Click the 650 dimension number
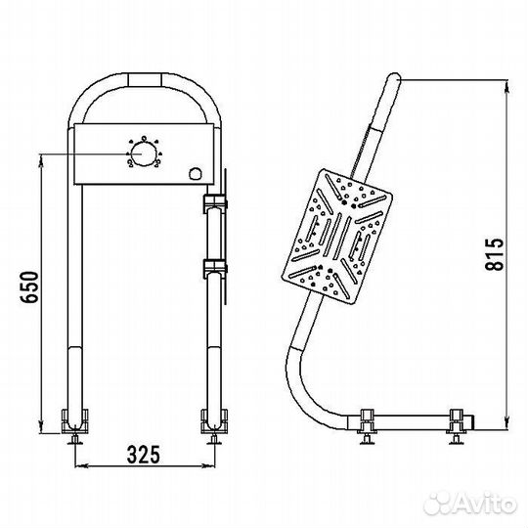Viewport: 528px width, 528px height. click(x=29, y=286)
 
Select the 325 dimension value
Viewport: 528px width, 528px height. click(x=143, y=455)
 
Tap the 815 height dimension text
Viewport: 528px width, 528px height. click(x=495, y=254)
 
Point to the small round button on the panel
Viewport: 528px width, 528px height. click(x=195, y=173)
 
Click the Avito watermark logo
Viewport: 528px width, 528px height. click(x=470, y=504)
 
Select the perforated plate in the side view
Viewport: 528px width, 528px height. click(x=336, y=237)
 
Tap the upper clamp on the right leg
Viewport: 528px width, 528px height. click(x=215, y=203)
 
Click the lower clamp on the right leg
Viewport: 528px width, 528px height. click(x=215, y=268)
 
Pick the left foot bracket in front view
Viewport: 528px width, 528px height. click(x=74, y=420)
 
